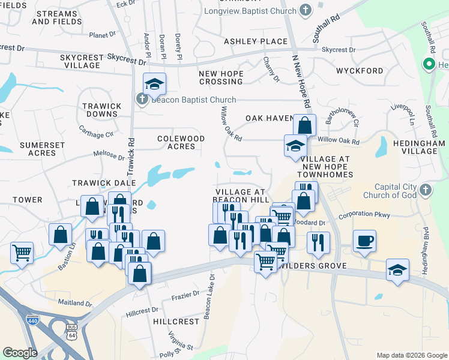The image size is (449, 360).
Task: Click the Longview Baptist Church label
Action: point(259,11)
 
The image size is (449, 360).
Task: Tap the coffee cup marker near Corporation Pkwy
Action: point(364,242)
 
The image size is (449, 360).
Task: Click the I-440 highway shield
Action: point(32,321)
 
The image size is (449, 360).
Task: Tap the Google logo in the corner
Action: point(20,353)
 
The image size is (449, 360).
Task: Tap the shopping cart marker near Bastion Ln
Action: point(22,253)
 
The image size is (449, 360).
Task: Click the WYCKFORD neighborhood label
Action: point(360,71)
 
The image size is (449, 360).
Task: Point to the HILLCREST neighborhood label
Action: point(176,322)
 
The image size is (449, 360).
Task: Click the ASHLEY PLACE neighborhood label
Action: point(256,41)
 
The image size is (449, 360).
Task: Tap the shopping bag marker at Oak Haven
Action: point(304,125)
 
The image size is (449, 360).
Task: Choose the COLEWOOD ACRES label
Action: point(181,142)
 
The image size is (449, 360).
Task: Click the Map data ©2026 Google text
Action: point(411,355)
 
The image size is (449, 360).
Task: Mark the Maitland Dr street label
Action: point(76,303)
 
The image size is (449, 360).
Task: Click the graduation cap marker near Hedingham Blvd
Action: point(397,269)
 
